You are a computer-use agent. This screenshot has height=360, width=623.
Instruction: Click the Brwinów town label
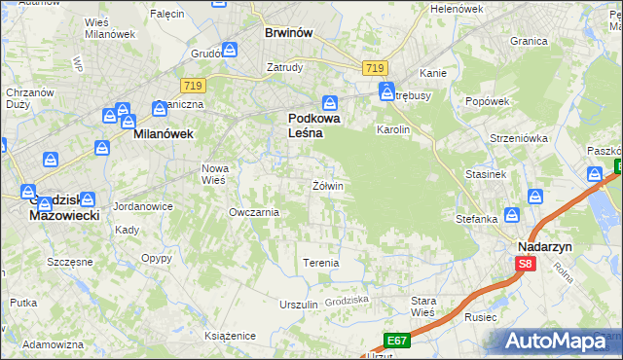(289, 32)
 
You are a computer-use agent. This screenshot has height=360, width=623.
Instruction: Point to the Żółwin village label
(328, 185)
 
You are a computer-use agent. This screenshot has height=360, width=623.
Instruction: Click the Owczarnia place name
(253, 211)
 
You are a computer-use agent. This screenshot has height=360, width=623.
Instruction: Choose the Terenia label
(321, 263)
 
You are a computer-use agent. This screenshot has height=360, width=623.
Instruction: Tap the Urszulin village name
(299, 305)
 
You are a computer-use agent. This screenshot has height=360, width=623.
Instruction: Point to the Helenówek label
(457, 8)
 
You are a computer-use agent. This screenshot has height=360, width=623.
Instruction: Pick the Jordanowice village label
(142, 206)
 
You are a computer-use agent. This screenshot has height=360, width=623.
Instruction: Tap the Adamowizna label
(53, 344)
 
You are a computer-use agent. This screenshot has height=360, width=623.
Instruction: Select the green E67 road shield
(395, 341)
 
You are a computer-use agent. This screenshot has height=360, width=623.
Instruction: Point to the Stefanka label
(477, 219)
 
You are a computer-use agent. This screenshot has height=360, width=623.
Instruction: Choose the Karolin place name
(394, 128)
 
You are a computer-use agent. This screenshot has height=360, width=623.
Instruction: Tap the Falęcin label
(168, 14)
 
